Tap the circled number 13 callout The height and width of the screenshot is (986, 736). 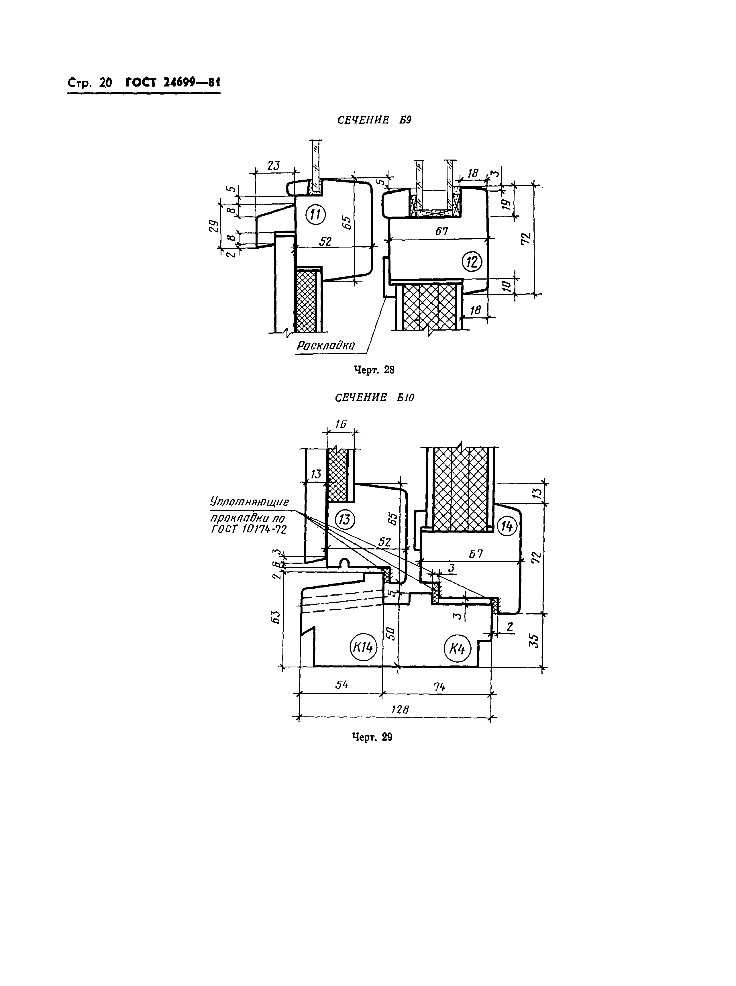[x=345, y=520]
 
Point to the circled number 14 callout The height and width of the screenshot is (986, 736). [x=507, y=527]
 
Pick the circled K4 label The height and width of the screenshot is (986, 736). [x=457, y=649]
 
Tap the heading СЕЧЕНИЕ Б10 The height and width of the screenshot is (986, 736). [x=374, y=398]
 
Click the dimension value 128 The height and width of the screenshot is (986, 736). [x=400, y=710]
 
